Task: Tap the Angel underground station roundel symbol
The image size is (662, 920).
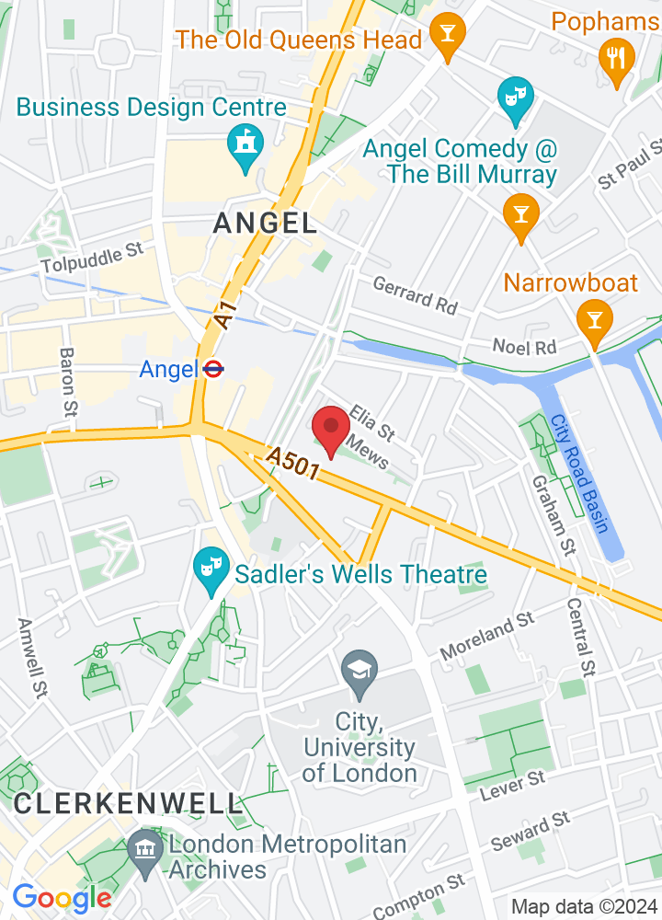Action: click(212, 369)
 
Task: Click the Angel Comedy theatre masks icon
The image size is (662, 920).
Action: click(515, 97)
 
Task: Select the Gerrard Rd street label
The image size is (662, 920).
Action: click(415, 296)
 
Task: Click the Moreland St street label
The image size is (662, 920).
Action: click(486, 636)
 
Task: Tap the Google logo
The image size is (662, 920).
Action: click(62, 897)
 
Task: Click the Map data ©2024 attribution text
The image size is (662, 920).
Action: click(584, 906)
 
